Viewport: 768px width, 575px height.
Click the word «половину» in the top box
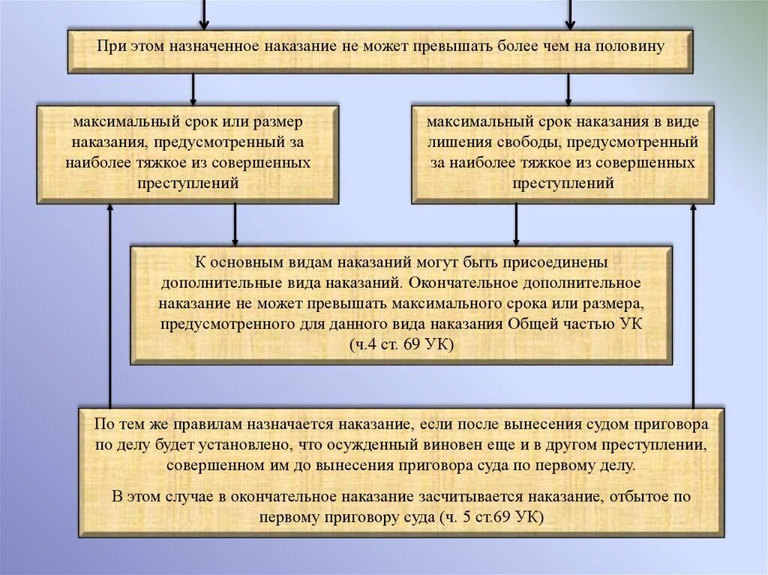coord(630,46)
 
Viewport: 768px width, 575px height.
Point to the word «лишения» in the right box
coord(454,142)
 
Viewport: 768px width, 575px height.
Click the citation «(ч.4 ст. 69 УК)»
coord(402,344)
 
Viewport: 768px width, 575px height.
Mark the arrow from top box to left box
coord(193,88)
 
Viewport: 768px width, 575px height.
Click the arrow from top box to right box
coord(568,88)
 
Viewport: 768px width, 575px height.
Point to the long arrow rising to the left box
coord(110,307)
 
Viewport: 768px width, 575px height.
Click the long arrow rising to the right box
coord(693,307)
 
